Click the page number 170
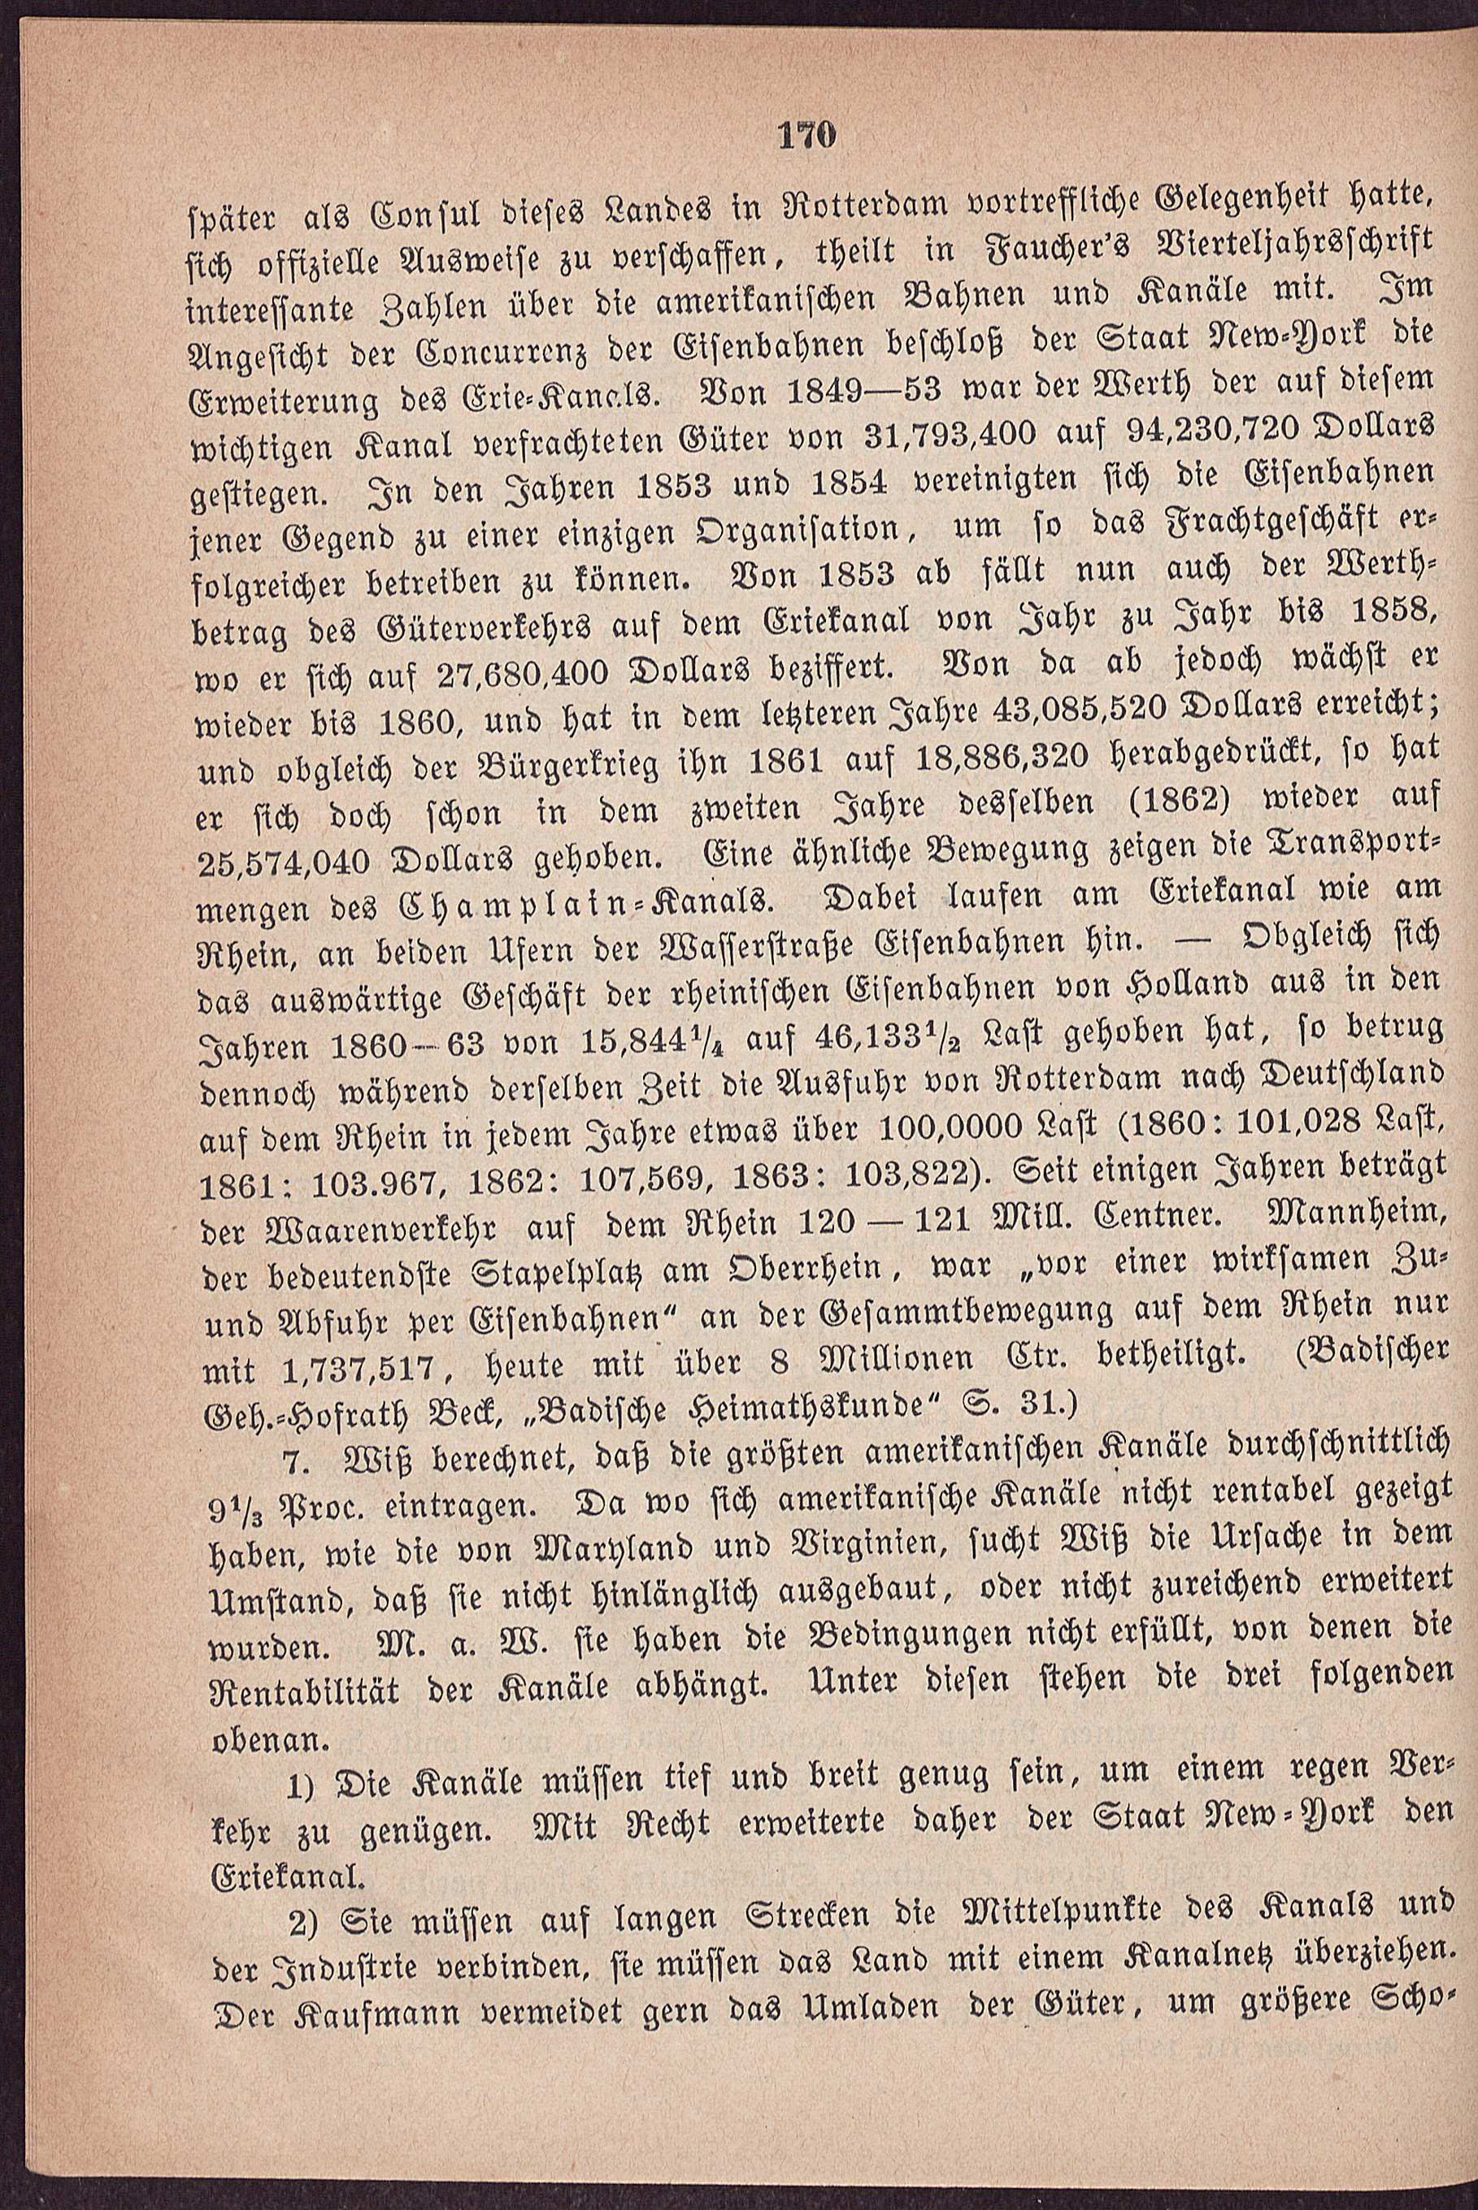808,134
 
